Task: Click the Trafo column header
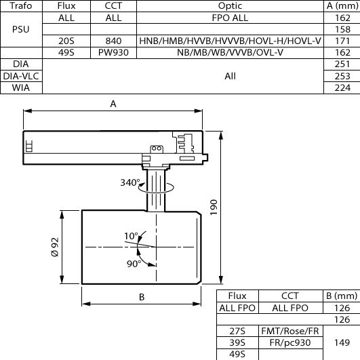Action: coord(21,5)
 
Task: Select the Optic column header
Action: coord(230,5)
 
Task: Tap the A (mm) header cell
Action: coord(342,5)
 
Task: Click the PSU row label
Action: coord(21,29)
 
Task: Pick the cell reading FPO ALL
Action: coord(230,18)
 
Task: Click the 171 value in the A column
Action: coord(342,41)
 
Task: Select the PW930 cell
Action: coord(113,53)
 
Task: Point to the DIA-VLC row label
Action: coord(21,76)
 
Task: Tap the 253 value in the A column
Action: coord(342,76)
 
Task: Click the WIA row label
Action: coord(21,87)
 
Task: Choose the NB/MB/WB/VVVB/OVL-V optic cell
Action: coord(230,53)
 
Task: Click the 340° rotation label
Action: coord(130,182)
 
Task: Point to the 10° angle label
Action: coord(131,236)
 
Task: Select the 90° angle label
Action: coord(134,264)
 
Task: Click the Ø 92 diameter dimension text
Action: coord(55,247)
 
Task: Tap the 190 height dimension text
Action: coord(214,207)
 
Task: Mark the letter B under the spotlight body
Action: coord(142,297)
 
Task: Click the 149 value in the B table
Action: coord(342,342)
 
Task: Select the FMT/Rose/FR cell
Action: coord(290,331)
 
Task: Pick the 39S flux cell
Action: coord(237,342)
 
